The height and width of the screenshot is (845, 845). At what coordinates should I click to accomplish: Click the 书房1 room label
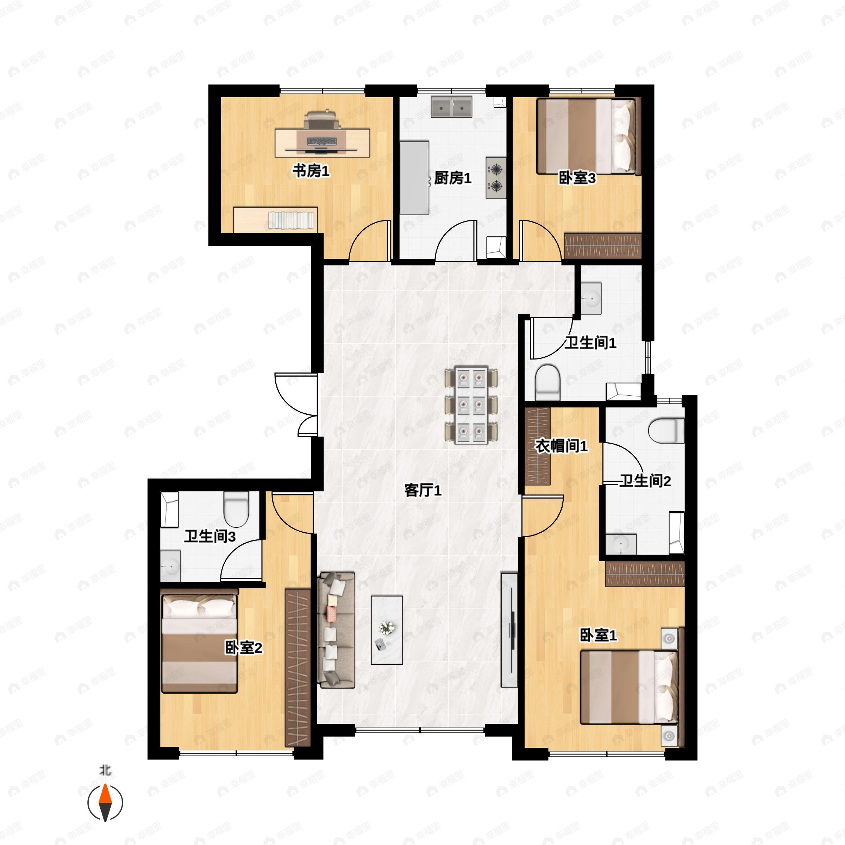[x=311, y=171]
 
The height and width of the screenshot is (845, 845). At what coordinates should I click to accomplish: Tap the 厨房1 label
[x=453, y=178]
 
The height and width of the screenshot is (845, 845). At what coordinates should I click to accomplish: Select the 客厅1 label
[x=423, y=490]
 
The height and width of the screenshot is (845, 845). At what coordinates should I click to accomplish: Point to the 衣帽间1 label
[x=561, y=446]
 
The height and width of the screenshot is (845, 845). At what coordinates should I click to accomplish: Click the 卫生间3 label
[x=210, y=536]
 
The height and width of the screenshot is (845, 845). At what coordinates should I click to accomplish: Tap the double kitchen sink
[x=451, y=107]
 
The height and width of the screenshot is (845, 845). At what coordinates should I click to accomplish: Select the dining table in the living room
[x=471, y=405]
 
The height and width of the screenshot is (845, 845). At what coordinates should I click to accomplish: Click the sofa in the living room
[x=336, y=630]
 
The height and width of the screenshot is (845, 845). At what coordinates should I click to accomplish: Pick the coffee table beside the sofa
[x=387, y=630]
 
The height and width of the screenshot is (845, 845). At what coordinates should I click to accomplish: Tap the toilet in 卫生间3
[x=236, y=509]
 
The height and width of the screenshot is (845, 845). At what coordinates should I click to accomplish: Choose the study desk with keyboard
[x=323, y=143]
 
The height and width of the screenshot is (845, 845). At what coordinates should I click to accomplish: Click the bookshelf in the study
[x=276, y=220]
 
